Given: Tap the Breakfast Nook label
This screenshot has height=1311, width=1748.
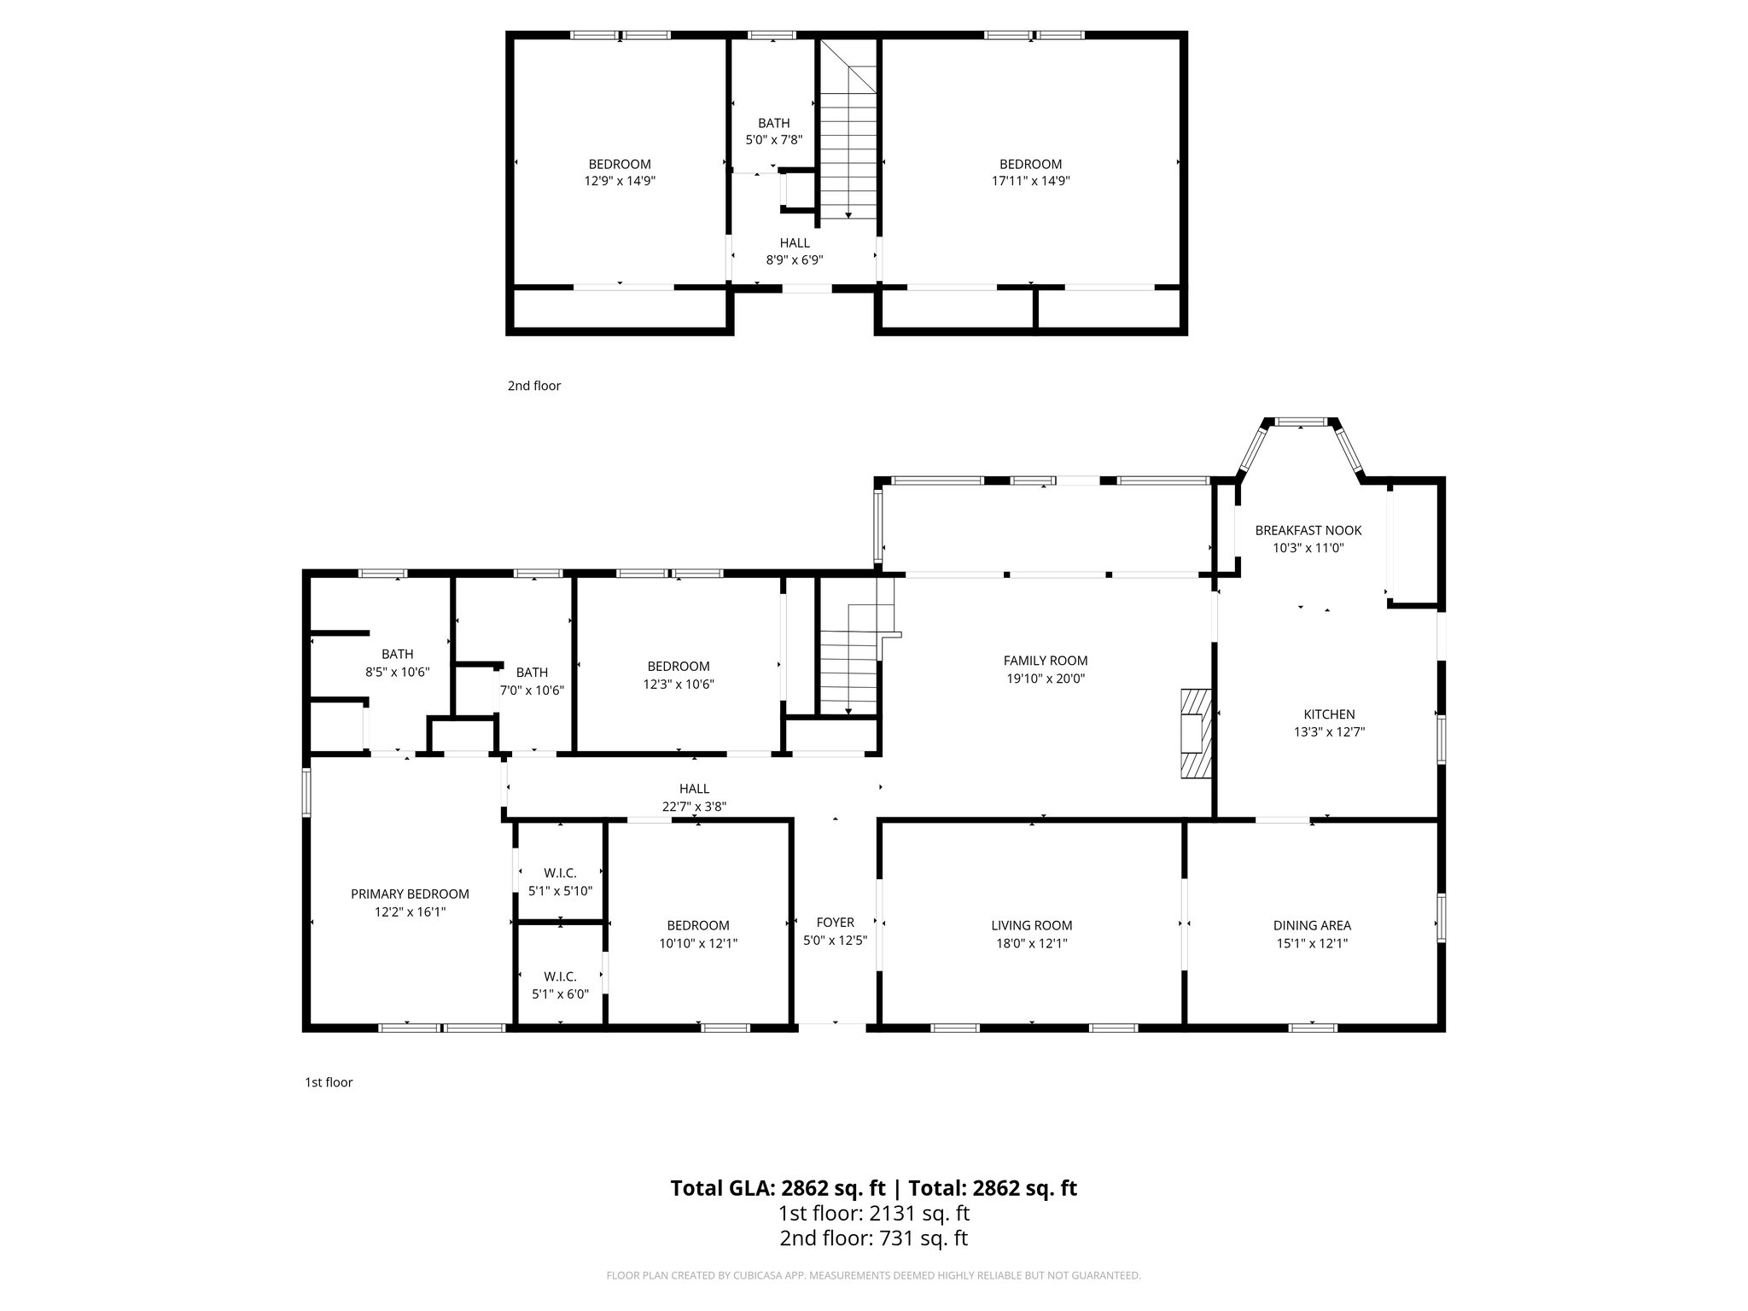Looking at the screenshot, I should click(x=1308, y=530).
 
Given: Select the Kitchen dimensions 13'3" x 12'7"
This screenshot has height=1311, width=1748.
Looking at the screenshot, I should click(x=1329, y=731).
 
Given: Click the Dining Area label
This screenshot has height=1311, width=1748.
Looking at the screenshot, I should click(x=1311, y=925).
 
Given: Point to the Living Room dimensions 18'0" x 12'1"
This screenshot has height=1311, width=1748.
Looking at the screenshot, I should click(x=1031, y=943).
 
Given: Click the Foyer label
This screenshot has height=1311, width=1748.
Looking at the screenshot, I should click(x=835, y=922).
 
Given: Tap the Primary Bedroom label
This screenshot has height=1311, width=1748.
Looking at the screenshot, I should click(x=410, y=894).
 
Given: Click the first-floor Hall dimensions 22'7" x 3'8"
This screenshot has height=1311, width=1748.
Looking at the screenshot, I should click(x=694, y=807).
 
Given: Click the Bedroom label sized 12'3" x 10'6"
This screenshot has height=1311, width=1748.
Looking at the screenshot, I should click(x=678, y=666).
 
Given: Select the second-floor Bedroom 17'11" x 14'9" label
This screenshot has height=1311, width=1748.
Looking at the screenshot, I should click(x=1030, y=164).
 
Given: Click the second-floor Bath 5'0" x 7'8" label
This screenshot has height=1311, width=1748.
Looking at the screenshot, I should click(x=773, y=123).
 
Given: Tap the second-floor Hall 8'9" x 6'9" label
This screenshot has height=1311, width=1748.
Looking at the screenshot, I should click(x=794, y=243).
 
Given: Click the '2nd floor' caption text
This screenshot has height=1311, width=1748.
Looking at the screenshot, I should click(x=533, y=386).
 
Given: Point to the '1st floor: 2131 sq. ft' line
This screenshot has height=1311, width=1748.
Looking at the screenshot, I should click(x=873, y=1213).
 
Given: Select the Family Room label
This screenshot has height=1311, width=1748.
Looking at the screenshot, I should click(x=1045, y=660).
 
